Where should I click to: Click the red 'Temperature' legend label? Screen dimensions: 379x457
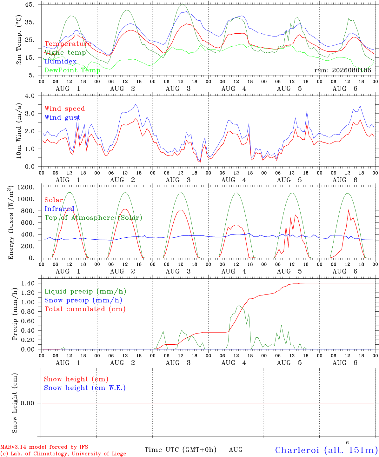pyautogui.click(x=68, y=44)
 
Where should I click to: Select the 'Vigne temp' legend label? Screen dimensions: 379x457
pyautogui.click(x=65, y=53)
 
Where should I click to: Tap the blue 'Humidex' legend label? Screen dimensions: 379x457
pyautogui.click(x=60, y=61)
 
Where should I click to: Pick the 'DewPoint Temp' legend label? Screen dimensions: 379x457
pyautogui.click(x=72, y=70)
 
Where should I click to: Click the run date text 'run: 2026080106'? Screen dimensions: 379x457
pyautogui.click(x=342, y=70)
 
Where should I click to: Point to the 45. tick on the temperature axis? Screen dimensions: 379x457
pyautogui.click(x=30, y=4)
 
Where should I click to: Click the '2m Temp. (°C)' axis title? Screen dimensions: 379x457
pyautogui.click(x=19, y=40)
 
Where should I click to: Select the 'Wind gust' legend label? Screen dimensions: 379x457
pyautogui.click(x=62, y=117)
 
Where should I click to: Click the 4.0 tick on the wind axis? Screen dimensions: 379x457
pyautogui.click(x=30, y=96)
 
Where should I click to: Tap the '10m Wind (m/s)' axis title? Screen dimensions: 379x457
pyautogui.click(x=19, y=131)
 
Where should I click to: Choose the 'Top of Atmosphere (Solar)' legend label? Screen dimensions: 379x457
pyautogui.click(x=93, y=218)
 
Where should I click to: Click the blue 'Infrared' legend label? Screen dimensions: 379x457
pyautogui.click(x=59, y=209)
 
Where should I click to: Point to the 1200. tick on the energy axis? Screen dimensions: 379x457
pyautogui.click(x=26, y=187)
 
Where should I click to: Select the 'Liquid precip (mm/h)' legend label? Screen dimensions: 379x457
pyautogui.click(x=85, y=291)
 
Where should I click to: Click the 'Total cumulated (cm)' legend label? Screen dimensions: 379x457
pyautogui.click(x=85, y=309)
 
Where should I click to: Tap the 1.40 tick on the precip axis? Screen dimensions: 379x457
pyautogui.click(x=28, y=283)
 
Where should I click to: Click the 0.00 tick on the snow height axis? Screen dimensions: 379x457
pyautogui.click(x=27, y=403)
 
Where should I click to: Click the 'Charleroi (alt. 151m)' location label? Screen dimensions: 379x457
pyautogui.click(x=327, y=450)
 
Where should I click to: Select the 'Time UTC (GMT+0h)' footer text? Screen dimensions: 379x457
pyautogui.click(x=180, y=450)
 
